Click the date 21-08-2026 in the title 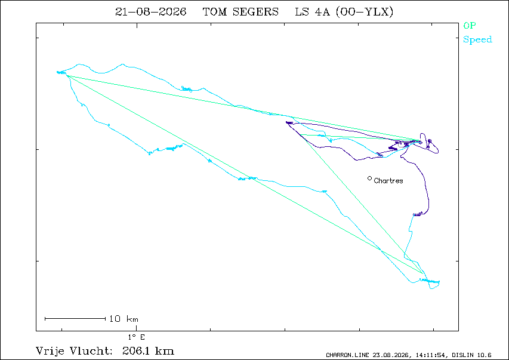(x=150, y=12)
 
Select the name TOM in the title (x=215, y=12)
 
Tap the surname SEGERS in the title (x=255, y=12)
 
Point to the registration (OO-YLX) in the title (x=364, y=12)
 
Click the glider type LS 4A (x=312, y=12)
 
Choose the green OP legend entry (x=470, y=25)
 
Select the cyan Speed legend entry (x=477, y=39)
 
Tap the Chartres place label (x=388, y=181)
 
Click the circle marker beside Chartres (x=369, y=178)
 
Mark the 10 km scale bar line (x=75, y=319)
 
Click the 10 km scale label (x=124, y=319)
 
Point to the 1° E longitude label (x=136, y=337)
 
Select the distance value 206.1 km (x=148, y=351)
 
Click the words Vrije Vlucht (x=73, y=351)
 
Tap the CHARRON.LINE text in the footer (x=347, y=355)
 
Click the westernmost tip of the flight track (x=57, y=72)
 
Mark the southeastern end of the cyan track (x=439, y=282)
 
